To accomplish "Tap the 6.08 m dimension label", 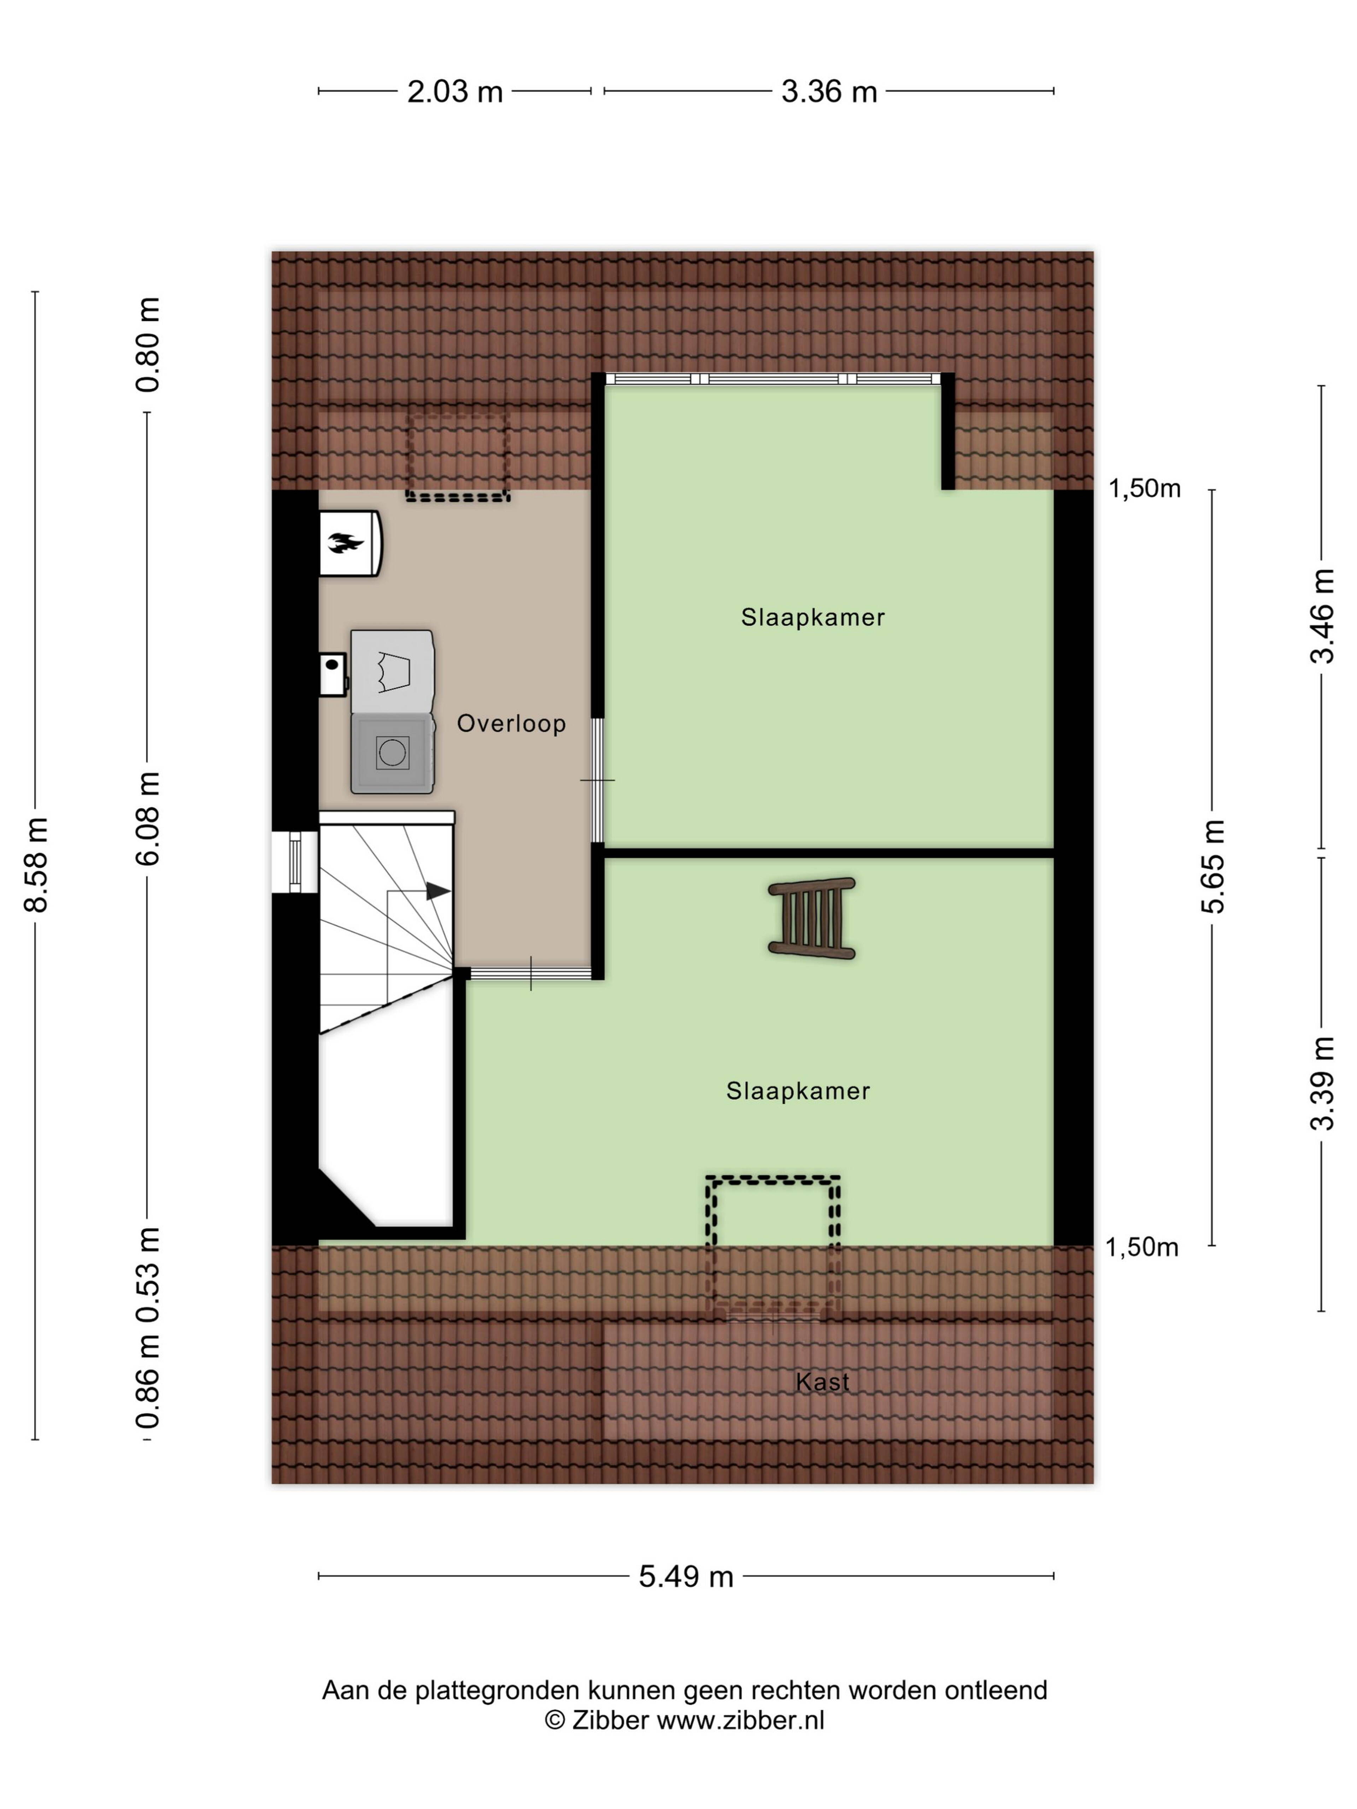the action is (148, 818).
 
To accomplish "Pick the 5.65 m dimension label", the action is (1214, 865).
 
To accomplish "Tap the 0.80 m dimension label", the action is (148, 344).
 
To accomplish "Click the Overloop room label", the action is (511, 723).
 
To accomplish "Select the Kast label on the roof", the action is (822, 1382).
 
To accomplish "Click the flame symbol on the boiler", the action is (345, 541).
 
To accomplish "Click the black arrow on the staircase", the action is (437, 891).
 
